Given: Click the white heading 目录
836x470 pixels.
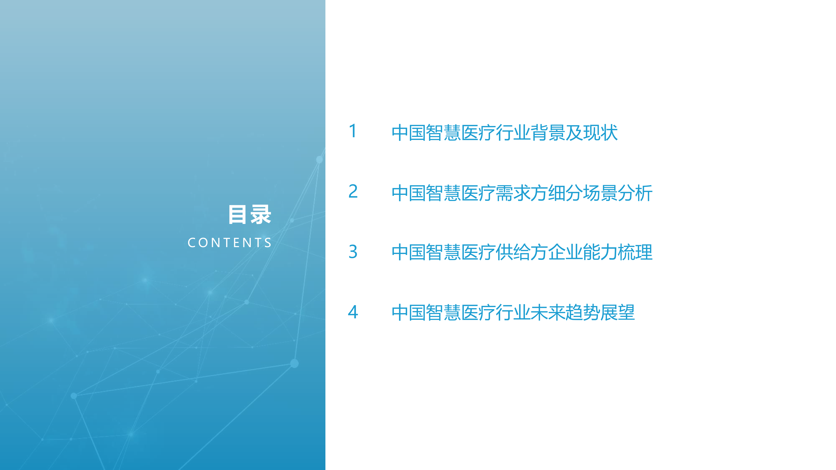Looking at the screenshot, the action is pos(250,214).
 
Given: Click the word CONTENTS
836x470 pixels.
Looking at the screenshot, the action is pos(229,243).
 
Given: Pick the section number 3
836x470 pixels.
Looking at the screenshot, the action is pos(353,252).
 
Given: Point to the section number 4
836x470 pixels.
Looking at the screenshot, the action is pos(353,312).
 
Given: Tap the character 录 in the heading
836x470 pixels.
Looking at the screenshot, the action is pos(261,214).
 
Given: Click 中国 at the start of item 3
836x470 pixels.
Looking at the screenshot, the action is pos(409,252).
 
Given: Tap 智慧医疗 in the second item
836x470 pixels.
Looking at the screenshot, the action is pos(461,193).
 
